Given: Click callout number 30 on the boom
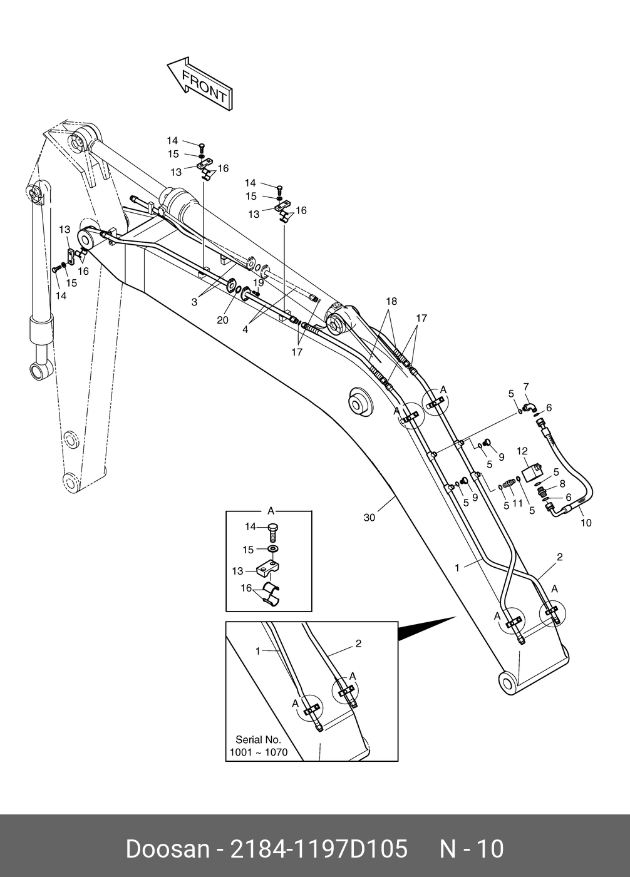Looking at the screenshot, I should (369, 518).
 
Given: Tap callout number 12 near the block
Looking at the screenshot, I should (522, 451).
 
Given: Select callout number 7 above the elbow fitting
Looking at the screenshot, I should (526, 386).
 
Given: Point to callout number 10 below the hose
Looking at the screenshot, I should (586, 523).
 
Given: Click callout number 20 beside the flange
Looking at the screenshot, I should (222, 320).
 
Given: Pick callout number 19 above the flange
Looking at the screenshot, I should (258, 282).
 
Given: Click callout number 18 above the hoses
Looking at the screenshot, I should (391, 302).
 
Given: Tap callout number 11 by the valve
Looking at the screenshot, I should (517, 503).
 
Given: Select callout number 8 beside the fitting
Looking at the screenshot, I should (562, 483).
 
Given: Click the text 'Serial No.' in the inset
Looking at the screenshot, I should (258, 739).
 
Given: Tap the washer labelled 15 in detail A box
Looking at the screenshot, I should (272, 549).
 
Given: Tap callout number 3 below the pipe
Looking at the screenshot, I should (194, 302).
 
